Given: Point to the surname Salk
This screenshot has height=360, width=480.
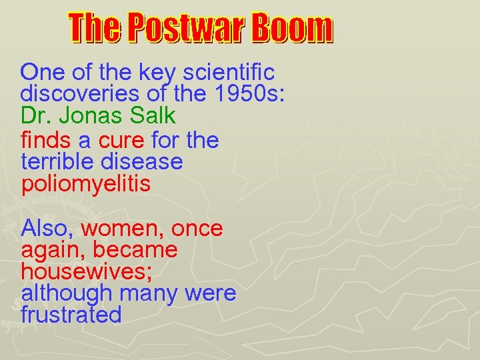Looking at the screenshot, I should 152,115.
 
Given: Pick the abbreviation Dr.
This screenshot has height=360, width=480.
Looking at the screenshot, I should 36,115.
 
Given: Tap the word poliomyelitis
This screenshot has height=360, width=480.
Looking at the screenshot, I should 86,184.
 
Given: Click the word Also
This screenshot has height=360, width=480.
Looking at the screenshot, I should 48,229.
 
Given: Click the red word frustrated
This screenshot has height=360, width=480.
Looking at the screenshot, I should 71,315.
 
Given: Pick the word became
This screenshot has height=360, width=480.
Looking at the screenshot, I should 135,250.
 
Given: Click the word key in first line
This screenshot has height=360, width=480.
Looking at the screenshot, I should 156,72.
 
